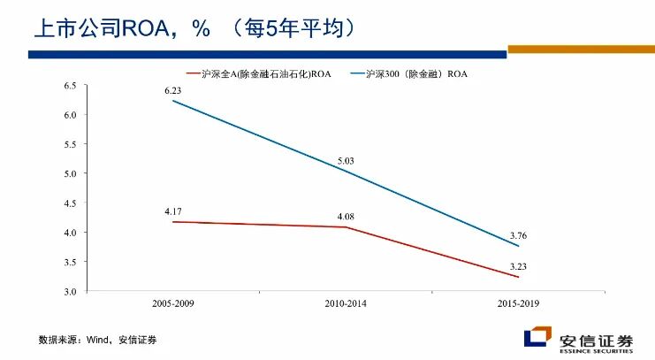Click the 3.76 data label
(518, 234)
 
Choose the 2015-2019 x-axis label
(518, 303)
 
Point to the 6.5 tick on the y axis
(70, 86)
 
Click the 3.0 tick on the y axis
(70, 291)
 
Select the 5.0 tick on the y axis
(70, 173)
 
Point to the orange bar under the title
(581, 50)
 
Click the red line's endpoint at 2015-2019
(518, 277)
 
